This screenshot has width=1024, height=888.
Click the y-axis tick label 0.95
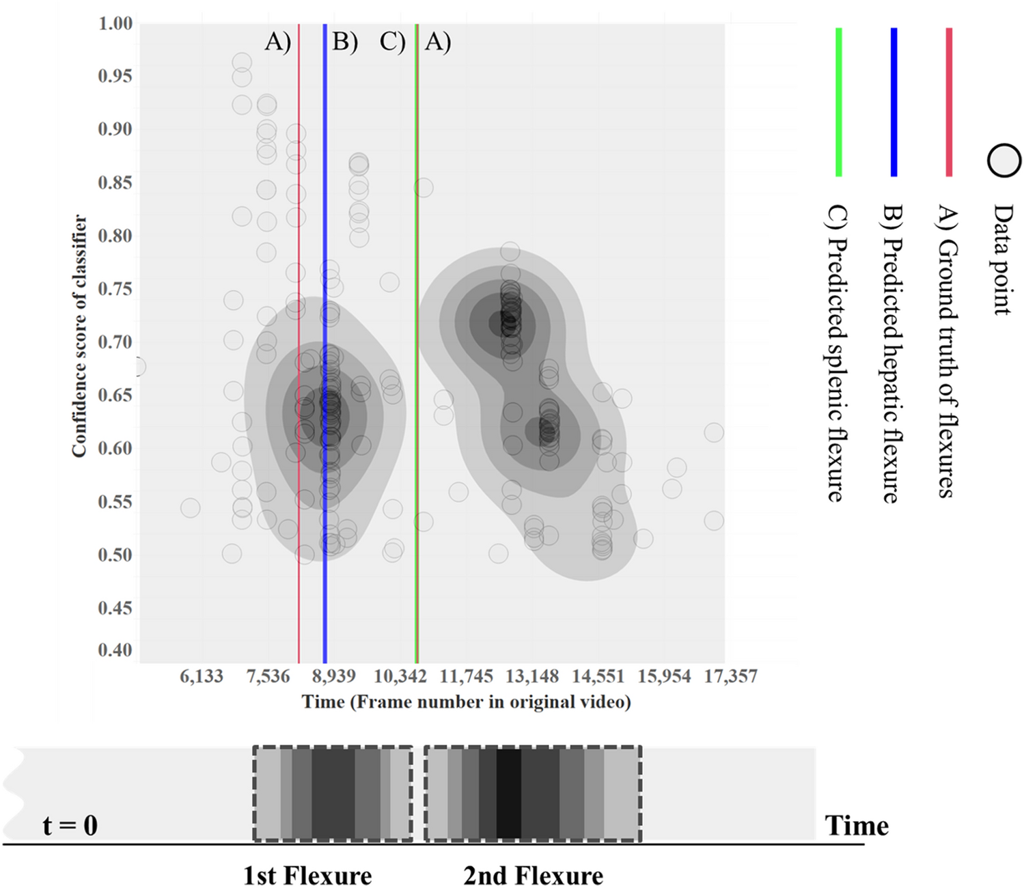click(x=115, y=76)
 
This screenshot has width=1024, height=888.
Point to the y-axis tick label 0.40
click(x=115, y=650)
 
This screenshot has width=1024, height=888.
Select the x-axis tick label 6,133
click(x=202, y=676)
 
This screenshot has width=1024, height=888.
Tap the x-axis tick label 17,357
click(x=730, y=676)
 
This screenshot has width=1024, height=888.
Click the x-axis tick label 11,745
click(x=466, y=676)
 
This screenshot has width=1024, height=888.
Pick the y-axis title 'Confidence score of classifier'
click(x=79, y=336)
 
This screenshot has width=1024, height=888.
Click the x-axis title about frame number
click(x=466, y=702)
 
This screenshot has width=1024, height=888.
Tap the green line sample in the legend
click(x=839, y=102)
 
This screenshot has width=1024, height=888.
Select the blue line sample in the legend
click(x=894, y=102)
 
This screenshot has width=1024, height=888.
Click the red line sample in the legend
click(x=949, y=102)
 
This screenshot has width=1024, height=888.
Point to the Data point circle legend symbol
click(x=1004, y=161)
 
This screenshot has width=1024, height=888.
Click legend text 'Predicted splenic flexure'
click(x=837, y=353)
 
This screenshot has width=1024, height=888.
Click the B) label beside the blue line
click(x=345, y=42)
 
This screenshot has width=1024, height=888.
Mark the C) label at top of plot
click(x=393, y=42)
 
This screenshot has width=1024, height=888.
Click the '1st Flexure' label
click(x=307, y=875)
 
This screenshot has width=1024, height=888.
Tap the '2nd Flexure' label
click(x=533, y=875)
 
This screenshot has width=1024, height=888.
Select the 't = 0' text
click(x=70, y=825)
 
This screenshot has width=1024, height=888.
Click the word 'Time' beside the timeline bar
click(x=857, y=825)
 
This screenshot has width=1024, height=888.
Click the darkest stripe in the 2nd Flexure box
click(x=509, y=794)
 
